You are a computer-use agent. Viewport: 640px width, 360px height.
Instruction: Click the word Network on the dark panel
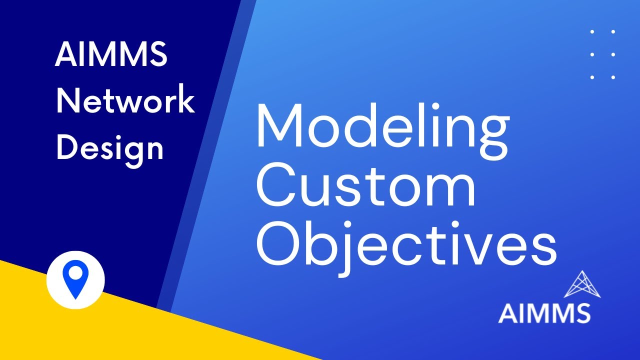pyautogui.click(x=125, y=101)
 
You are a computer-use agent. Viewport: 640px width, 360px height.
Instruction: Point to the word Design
pyautogui.click(x=110, y=147)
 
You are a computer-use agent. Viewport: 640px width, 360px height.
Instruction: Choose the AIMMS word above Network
pyautogui.click(x=111, y=55)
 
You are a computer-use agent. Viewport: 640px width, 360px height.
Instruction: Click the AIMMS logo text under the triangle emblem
pyautogui.click(x=544, y=313)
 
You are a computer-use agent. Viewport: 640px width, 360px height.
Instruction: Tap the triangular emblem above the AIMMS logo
pyautogui.click(x=582, y=284)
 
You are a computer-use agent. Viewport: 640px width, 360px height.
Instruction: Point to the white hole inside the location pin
pyautogui.click(x=75, y=273)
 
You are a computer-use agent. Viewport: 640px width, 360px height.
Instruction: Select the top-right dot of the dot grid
pyautogui.click(x=613, y=31)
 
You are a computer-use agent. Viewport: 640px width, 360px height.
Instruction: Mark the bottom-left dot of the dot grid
pyautogui.click(x=592, y=77)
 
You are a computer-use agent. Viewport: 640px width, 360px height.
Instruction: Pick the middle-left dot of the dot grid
pyautogui.click(x=592, y=54)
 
